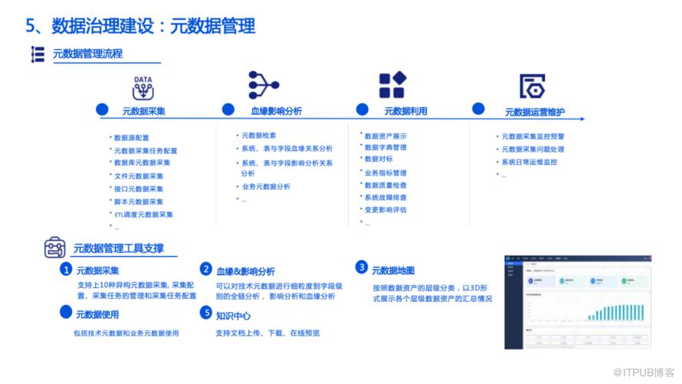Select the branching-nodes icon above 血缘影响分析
tap(264, 85)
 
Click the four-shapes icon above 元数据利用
tap(392, 85)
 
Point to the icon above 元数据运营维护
tap(531, 87)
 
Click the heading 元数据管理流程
tap(87, 54)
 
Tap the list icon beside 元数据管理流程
tap(38, 54)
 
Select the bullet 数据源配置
tap(131, 138)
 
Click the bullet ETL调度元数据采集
tap(144, 215)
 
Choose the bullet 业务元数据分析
tap(265, 186)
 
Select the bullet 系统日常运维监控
tap(529, 162)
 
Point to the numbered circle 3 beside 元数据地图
tap(362, 267)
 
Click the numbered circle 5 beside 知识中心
tap(205, 313)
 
